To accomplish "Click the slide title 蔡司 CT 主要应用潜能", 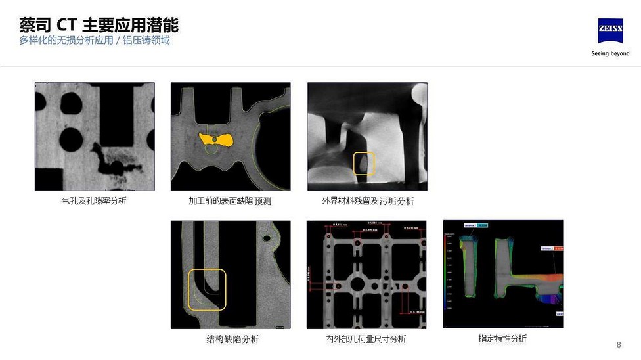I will point(99,25).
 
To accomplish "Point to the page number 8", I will point(619,345).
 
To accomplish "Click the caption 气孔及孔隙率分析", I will point(94,200).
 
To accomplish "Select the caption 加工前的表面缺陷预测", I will point(230,201).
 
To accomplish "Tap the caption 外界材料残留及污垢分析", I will point(368,201).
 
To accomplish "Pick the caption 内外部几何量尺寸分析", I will point(365,339).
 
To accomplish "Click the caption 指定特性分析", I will point(502,338).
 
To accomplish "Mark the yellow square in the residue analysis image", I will point(364,164).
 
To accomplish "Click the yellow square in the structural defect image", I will point(207,289).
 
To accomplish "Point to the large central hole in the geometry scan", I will point(357,284).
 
